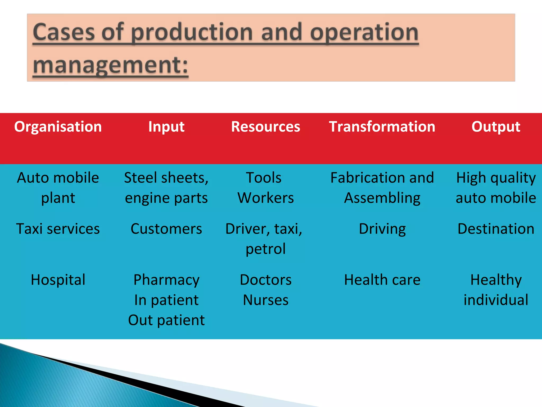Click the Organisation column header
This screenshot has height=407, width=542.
point(58,127)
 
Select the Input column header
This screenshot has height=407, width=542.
point(166,127)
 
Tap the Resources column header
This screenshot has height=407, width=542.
point(265,127)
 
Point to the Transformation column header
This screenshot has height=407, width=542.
point(382,127)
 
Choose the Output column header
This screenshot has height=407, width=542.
point(496,127)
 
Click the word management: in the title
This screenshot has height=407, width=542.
point(111,65)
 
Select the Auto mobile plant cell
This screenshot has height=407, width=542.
point(58,188)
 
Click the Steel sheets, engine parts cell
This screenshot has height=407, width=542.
point(166,188)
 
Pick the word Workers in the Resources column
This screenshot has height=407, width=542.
point(265,198)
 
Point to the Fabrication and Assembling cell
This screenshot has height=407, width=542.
point(382,188)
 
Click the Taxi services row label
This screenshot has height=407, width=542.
point(58,229)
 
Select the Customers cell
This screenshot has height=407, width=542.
point(166,229)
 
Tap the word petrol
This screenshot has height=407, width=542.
point(265,249)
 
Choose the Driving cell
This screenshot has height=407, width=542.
point(382,229)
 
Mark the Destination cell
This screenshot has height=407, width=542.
point(496,229)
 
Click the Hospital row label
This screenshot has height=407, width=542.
point(58,280)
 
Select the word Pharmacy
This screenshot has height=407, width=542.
point(166,280)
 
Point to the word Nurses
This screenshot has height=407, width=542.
point(265,300)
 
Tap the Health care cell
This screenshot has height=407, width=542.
point(382,280)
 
